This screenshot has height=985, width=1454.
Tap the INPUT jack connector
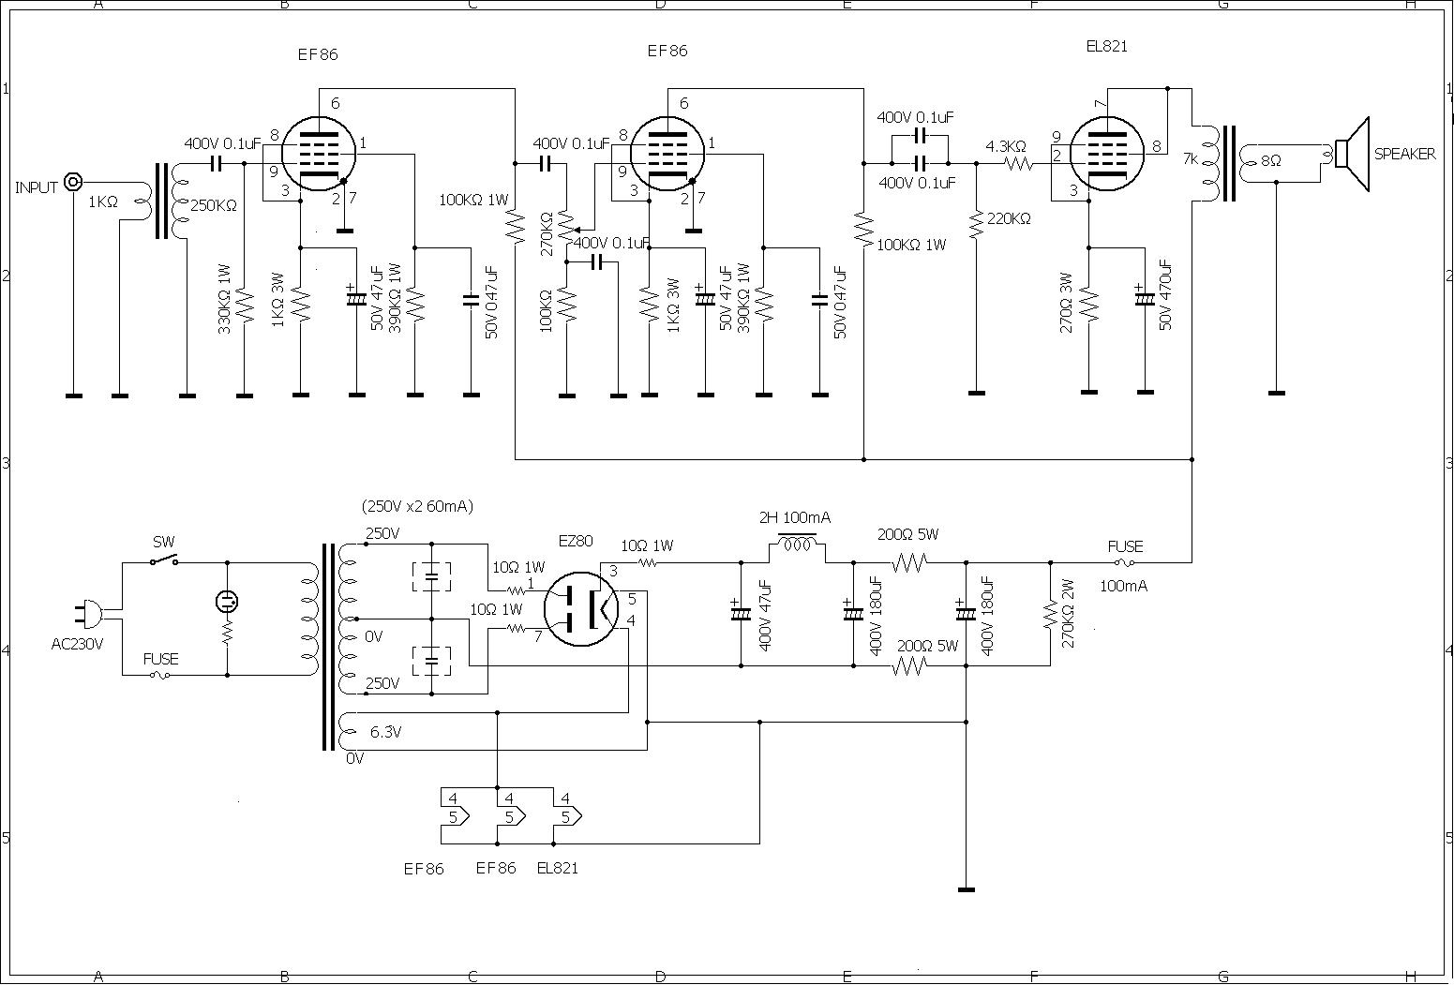[x=72, y=183]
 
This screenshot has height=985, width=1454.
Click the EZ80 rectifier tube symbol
[x=580, y=609]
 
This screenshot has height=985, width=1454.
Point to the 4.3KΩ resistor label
[x=1006, y=147]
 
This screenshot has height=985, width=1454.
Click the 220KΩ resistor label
[x=1010, y=219]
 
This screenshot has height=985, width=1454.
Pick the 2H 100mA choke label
[x=795, y=518]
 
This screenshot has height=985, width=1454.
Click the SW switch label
[x=164, y=542]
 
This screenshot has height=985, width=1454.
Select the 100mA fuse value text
[x=1123, y=587]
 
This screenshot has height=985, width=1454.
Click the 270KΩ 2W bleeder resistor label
[x=1068, y=614]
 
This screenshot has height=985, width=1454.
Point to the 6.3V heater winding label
[x=385, y=732]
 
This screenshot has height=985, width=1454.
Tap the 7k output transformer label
[x=1191, y=159]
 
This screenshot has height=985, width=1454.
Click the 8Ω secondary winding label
[x=1271, y=160]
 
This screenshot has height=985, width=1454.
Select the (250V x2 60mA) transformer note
[x=417, y=506]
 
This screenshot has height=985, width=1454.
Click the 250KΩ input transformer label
[x=214, y=206]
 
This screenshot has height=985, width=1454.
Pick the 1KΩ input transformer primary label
[x=103, y=201]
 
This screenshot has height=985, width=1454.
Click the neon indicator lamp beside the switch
[x=227, y=601]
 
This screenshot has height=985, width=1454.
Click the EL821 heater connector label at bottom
[x=558, y=868]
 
